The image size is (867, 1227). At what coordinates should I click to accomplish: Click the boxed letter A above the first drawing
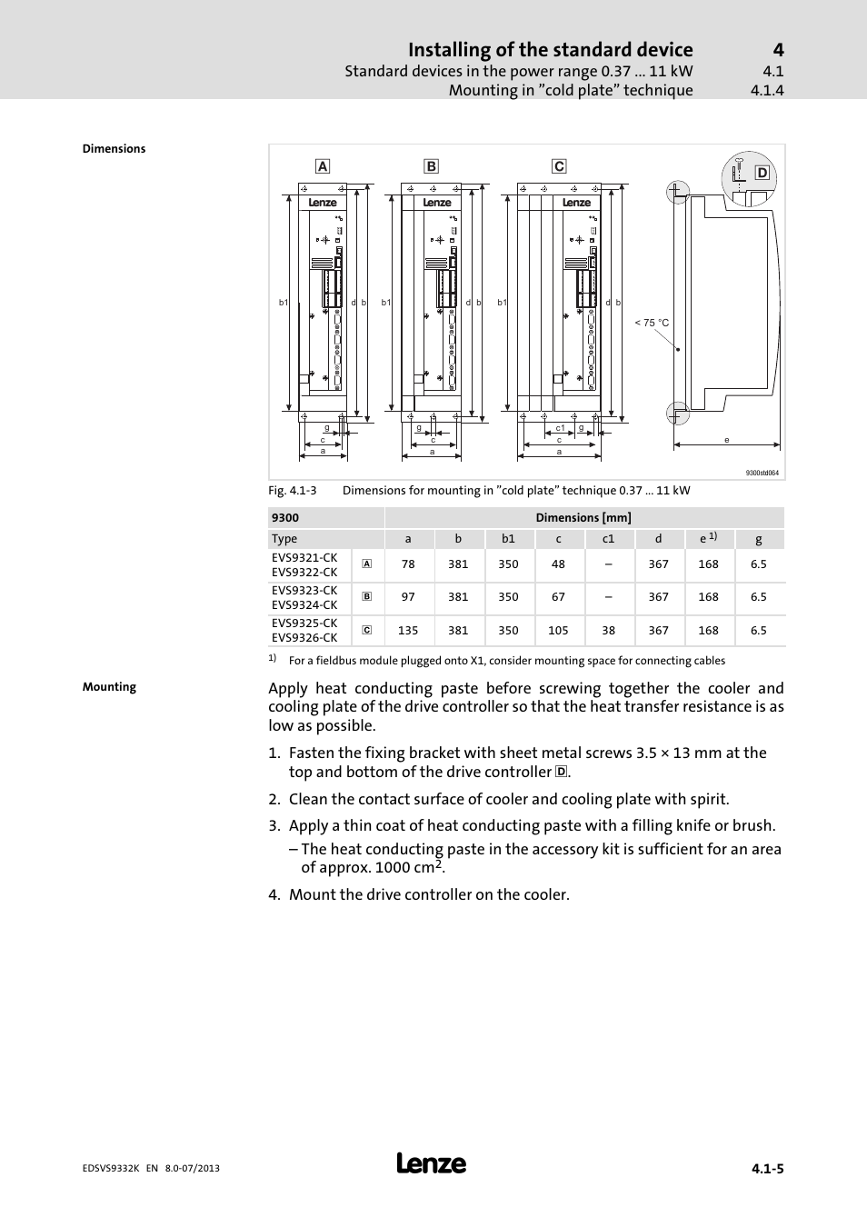pyautogui.click(x=322, y=166)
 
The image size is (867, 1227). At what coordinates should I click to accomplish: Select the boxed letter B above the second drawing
pyautogui.click(x=431, y=166)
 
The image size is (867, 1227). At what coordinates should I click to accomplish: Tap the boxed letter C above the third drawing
pyautogui.click(x=559, y=166)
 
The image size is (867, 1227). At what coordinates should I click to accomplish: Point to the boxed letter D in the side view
pyautogui.click(x=762, y=173)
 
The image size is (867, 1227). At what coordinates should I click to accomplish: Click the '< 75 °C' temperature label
pyautogui.click(x=652, y=323)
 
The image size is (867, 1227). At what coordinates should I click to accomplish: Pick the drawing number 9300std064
pyautogui.click(x=762, y=473)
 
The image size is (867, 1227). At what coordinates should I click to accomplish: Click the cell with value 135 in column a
pyautogui.click(x=408, y=630)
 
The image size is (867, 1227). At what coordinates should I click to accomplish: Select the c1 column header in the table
pyautogui.click(x=608, y=539)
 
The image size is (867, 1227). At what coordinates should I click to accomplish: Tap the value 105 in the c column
pyautogui.click(x=558, y=630)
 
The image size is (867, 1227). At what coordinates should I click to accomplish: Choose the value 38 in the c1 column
pyautogui.click(x=608, y=630)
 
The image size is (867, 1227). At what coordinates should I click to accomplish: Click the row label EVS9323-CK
pyautogui.click(x=304, y=590)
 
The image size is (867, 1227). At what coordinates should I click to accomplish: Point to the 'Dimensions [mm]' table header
pyautogui.click(x=583, y=518)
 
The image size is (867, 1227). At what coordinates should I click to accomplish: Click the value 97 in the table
pyautogui.click(x=408, y=597)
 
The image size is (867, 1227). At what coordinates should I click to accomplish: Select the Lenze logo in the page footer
pyautogui.click(x=432, y=1163)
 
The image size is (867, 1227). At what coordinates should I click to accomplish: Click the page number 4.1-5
pyautogui.click(x=767, y=1169)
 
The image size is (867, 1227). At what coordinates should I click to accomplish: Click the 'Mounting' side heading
pyautogui.click(x=109, y=687)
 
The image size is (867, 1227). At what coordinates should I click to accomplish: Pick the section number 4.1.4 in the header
pyautogui.click(x=767, y=90)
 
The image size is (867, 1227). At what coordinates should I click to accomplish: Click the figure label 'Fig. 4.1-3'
pyautogui.click(x=293, y=491)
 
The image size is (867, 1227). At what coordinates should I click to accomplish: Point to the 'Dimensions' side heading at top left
pyautogui.click(x=114, y=149)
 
